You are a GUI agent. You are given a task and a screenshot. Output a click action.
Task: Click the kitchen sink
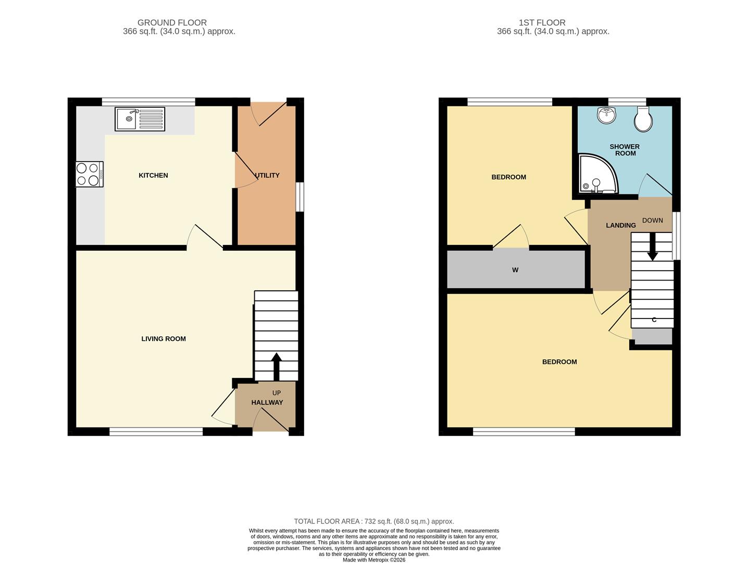pyautogui.click(x=140, y=119)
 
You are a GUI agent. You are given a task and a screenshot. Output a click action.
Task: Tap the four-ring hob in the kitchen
pyautogui.click(x=89, y=174)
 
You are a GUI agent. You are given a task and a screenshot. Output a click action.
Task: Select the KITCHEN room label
pyautogui.click(x=153, y=175)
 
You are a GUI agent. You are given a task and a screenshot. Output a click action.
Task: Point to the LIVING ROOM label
pyautogui.click(x=164, y=339)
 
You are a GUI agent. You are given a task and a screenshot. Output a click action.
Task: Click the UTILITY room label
pyautogui.click(x=268, y=175)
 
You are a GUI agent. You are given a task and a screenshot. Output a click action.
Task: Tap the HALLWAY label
pyautogui.click(x=267, y=402)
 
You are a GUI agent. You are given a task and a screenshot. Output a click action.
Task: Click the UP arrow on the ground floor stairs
pyautogui.click(x=277, y=366)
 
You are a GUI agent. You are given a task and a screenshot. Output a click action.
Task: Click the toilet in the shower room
pyautogui.click(x=643, y=119)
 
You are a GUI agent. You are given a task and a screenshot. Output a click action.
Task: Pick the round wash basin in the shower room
pyautogui.click(x=606, y=115)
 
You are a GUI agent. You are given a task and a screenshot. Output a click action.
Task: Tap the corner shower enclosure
pyautogui.click(x=599, y=174)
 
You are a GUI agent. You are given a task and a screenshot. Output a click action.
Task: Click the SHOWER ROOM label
pyautogui.click(x=625, y=150)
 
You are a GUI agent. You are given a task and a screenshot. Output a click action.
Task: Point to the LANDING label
pyautogui.click(x=621, y=225)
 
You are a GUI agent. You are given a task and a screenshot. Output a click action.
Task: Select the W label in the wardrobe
pyautogui.click(x=515, y=270)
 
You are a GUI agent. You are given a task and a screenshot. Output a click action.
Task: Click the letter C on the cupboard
pyautogui.click(x=654, y=320)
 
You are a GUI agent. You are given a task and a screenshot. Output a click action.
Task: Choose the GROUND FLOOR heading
pyautogui.click(x=172, y=23)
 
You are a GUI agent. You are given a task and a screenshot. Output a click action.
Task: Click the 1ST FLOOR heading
pyautogui.click(x=542, y=23)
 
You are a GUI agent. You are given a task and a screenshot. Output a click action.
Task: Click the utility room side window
pyautogui.click(x=300, y=197)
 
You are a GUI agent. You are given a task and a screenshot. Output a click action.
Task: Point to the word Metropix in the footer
pyautogui.click(x=377, y=560)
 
